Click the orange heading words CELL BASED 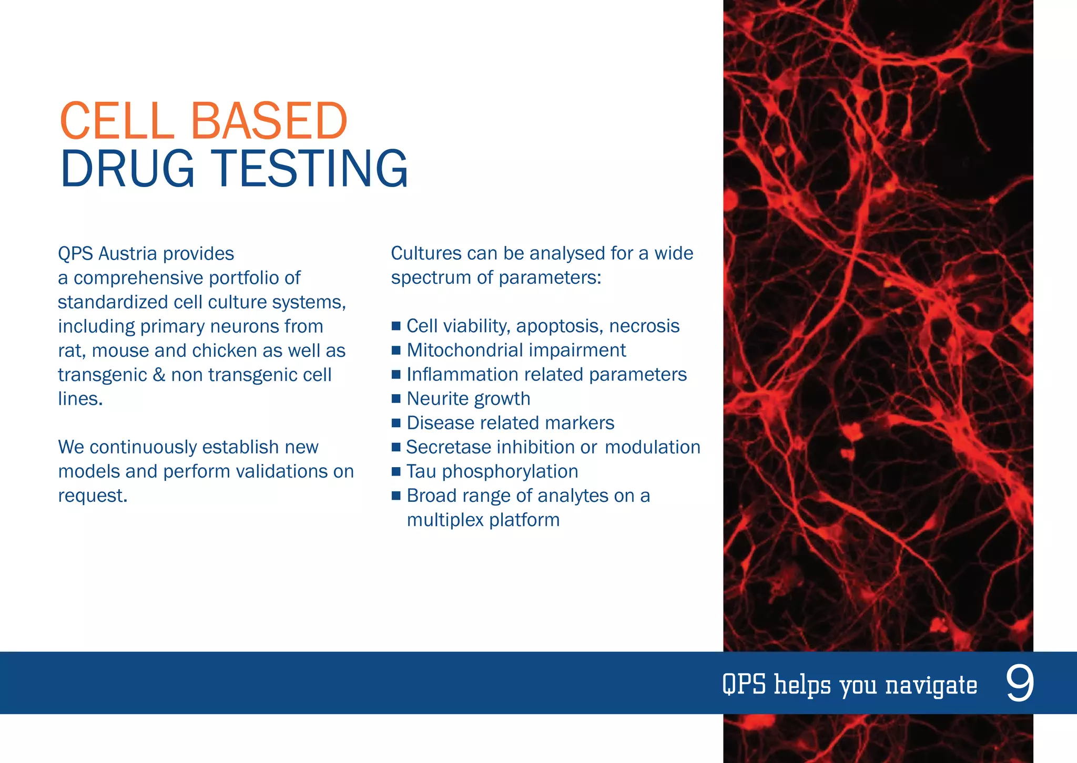tap(203, 121)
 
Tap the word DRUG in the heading tap(127, 169)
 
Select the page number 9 tap(1020, 683)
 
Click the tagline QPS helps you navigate tap(849, 685)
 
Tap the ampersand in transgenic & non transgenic tap(159, 375)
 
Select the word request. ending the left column tap(93, 496)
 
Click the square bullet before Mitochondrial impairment tap(396, 350)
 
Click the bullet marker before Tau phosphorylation tap(396, 471)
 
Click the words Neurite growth tap(468, 399)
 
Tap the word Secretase tap(448, 447)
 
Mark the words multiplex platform tap(483, 520)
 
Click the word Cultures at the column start tap(426, 254)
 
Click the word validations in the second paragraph tap(282, 471)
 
